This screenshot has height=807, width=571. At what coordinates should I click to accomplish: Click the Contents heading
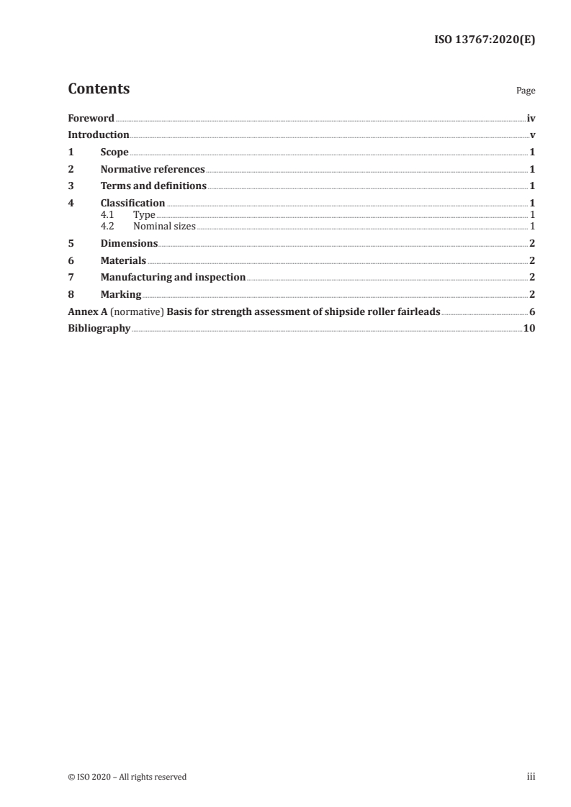pyautogui.click(x=99, y=89)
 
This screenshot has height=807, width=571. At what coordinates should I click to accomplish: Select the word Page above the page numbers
pyautogui.click(x=526, y=91)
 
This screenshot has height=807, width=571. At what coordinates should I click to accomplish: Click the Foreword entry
pyautogui.click(x=91, y=118)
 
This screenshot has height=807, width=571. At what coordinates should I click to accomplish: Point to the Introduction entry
pyautogui.click(x=98, y=135)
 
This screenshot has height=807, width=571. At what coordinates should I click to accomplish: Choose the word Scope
pyautogui.click(x=114, y=152)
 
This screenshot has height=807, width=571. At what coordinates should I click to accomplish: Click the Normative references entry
pyautogui.click(x=153, y=170)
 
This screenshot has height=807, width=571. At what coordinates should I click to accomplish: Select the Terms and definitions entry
pyautogui.click(x=153, y=186)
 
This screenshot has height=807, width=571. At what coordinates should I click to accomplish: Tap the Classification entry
pyautogui.click(x=132, y=203)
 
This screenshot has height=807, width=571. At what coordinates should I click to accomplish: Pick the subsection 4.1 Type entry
pyautogui.click(x=144, y=214)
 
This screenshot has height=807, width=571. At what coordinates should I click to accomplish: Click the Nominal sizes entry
pyautogui.click(x=164, y=226)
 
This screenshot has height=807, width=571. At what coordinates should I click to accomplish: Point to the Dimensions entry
pyautogui.click(x=129, y=243)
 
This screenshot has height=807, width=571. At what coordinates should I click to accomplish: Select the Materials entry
pyautogui.click(x=123, y=260)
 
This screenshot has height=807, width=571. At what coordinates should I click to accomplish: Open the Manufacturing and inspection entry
pyautogui.click(x=173, y=277)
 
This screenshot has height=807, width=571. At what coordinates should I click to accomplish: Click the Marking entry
pyautogui.click(x=121, y=294)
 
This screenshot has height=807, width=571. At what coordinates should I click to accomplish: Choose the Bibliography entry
pyautogui.click(x=99, y=328)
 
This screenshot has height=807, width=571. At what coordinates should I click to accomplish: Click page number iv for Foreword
pyautogui.click(x=531, y=118)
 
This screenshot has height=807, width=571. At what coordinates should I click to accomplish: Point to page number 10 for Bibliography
pyautogui.click(x=529, y=328)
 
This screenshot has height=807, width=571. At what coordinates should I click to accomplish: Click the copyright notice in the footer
pyautogui.click(x=127, y=777)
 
